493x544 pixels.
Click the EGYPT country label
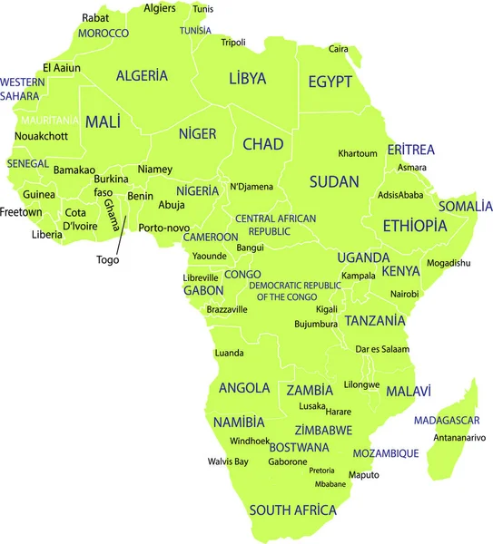pos(330,82)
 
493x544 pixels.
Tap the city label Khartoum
pos(358,153)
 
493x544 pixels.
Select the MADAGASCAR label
pos(448,421)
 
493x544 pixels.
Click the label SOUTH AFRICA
pos(292,510)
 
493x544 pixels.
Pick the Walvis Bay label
pos(227,461)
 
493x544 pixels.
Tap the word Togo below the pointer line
pos(108,259)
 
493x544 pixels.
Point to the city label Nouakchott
pos(41,136)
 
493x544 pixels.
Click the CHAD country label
pos(263,144)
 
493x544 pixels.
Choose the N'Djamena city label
pos(251,187)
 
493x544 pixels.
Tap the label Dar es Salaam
pos(382,349)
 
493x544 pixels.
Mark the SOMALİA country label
pos(465,206)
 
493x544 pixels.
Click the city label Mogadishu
pos(449,263)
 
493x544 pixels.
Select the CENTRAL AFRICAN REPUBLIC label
pos(275,225)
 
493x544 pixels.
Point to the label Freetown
pos(21,212)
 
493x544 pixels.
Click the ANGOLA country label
pos(244,388)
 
